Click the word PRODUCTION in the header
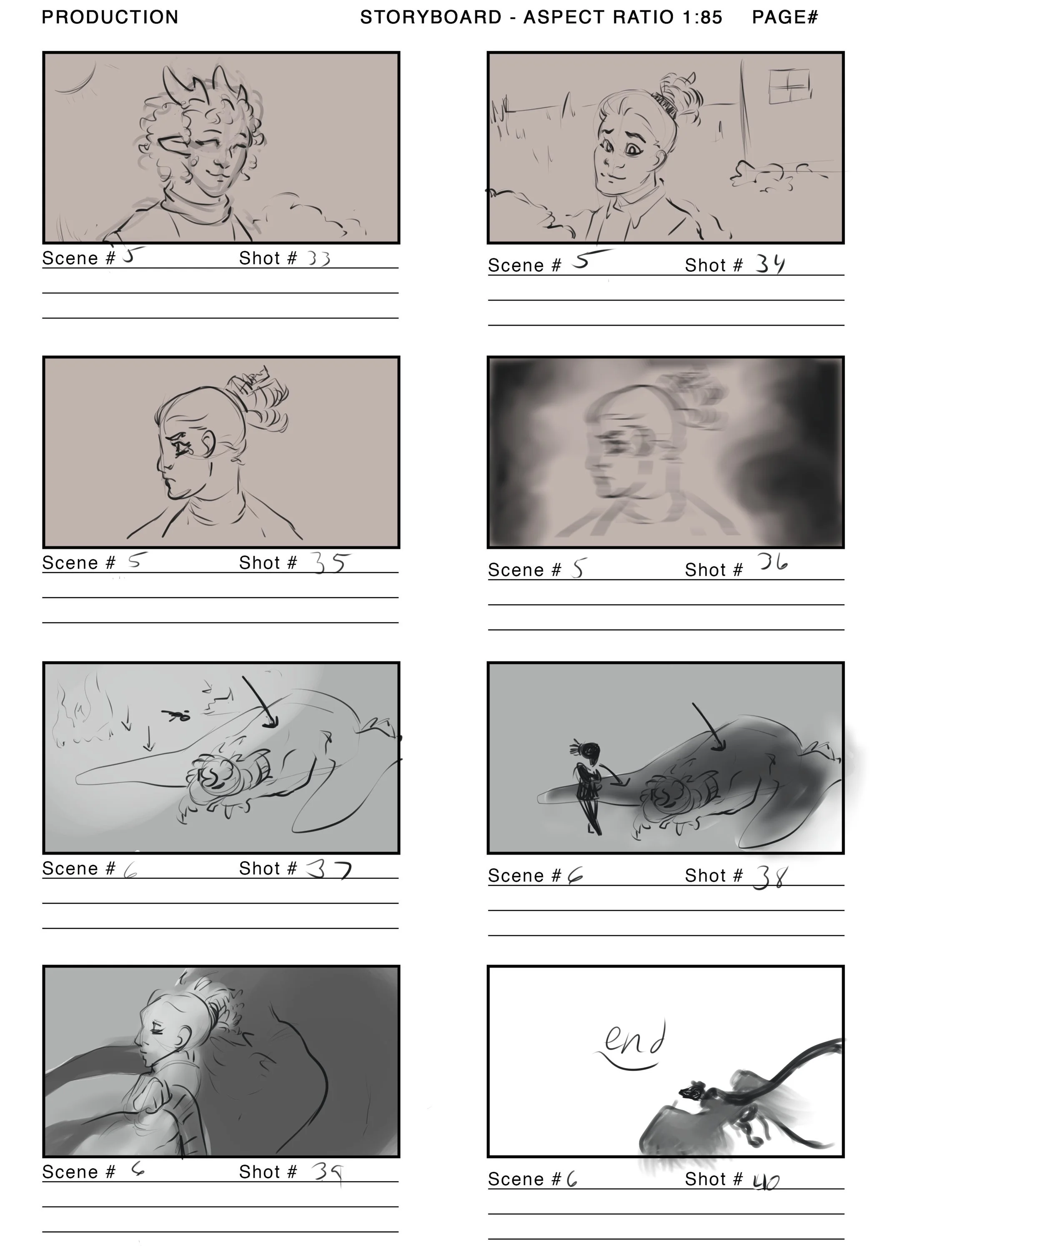click(110, 17)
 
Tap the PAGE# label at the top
click(785, 17)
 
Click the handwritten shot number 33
click(319, 259)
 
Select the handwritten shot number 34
click(770, 264)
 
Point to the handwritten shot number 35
click(329, 563)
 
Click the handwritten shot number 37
click(329, 870)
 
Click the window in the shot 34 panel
click(789, 86)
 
